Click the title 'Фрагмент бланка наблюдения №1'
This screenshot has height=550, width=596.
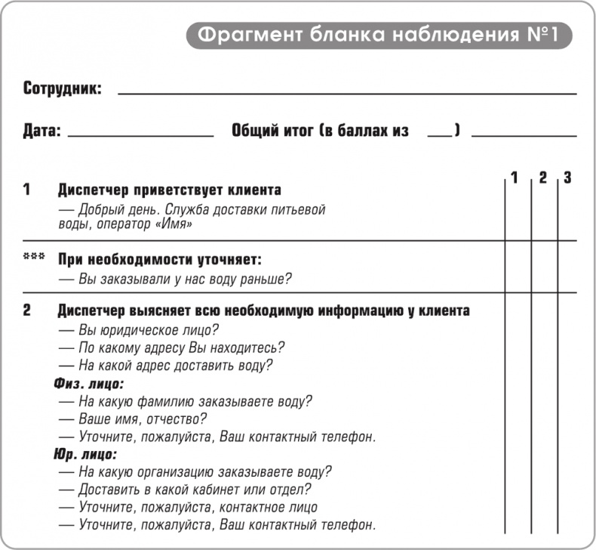click(379, 35)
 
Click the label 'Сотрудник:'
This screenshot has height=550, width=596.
click(62, 89)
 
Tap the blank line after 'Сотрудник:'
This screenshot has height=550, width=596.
click(347, 93)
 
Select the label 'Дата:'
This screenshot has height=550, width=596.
click(41, 131)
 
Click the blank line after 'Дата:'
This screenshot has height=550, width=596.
click(141, 135)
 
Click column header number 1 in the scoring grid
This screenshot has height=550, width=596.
click(515, 178)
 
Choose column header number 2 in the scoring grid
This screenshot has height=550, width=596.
click(542, 178)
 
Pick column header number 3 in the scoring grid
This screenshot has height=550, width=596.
click(567, 178)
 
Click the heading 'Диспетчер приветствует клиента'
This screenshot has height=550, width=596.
click(170, 190)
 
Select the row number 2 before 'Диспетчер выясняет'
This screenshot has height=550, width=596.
click(27, 310)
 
